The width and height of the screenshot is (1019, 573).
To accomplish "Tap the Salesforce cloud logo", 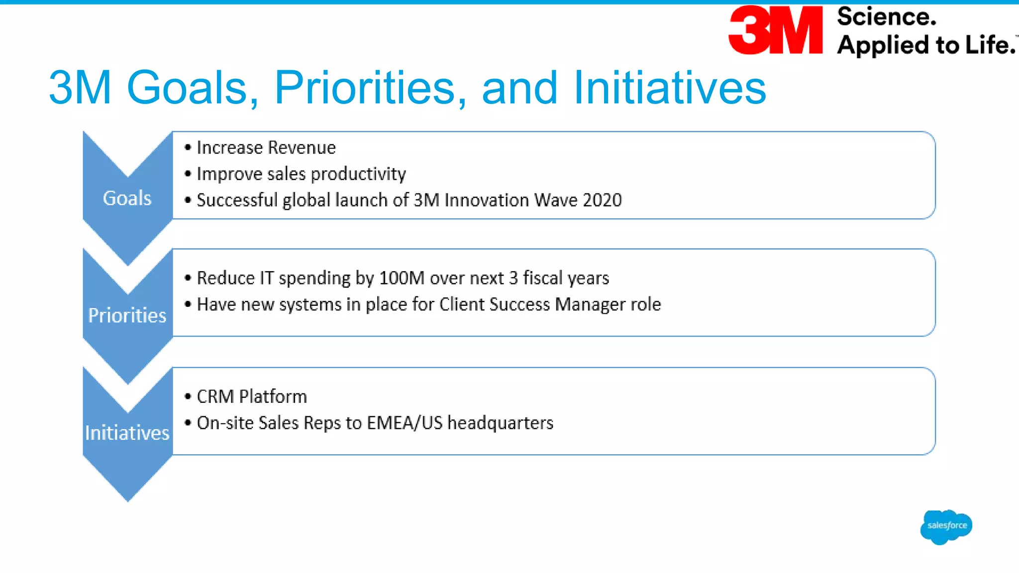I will (946, 526).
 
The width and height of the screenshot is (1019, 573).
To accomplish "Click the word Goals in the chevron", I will (127, 198).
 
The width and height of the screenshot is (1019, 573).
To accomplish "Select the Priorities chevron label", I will (127, 315).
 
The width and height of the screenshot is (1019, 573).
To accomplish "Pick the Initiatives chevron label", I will (127, 433).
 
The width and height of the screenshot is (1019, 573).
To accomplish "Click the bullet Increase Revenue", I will (266, 148).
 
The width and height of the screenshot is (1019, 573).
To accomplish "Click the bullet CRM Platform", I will (251, 397).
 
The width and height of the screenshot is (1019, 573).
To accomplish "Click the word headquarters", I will (500, 423).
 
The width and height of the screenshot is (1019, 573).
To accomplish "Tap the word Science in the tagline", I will (886, 17).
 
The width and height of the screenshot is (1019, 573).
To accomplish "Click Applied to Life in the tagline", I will (925, 45).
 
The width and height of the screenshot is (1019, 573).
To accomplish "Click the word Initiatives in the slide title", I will (669, 88).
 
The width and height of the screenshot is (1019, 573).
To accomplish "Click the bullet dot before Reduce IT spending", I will (188, 278).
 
